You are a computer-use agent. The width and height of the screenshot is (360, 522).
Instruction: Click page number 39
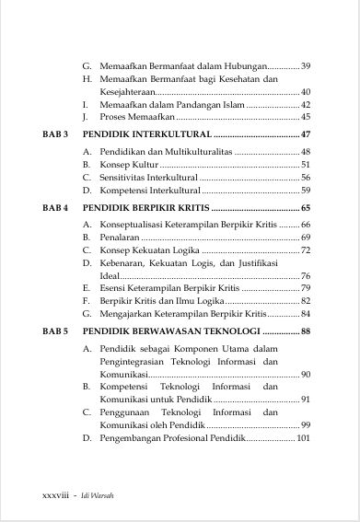pyautogui.click(x=306, y=65)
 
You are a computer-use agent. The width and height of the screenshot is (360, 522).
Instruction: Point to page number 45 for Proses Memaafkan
pyautogui.click(x=306, y=117)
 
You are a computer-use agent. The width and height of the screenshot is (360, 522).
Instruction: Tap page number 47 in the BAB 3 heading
pyautogui.click(x=306, y=134)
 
